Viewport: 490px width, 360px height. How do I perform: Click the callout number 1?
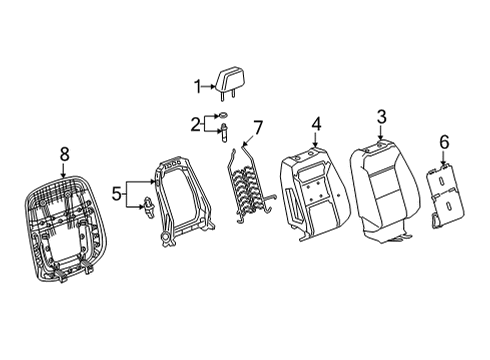point(198,86)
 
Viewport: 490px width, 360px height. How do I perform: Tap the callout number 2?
point(196,123)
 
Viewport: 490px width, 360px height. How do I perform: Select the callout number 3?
point(381,120)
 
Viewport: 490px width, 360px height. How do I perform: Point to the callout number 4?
point(316,125)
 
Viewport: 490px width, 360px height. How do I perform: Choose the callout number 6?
point(444,144)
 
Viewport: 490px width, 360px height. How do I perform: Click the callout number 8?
point(65,153)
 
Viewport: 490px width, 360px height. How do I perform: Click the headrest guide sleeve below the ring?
point(224,134)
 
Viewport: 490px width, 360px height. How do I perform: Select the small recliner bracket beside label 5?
point(148,207)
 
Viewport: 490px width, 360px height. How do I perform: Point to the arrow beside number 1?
point(210,87)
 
